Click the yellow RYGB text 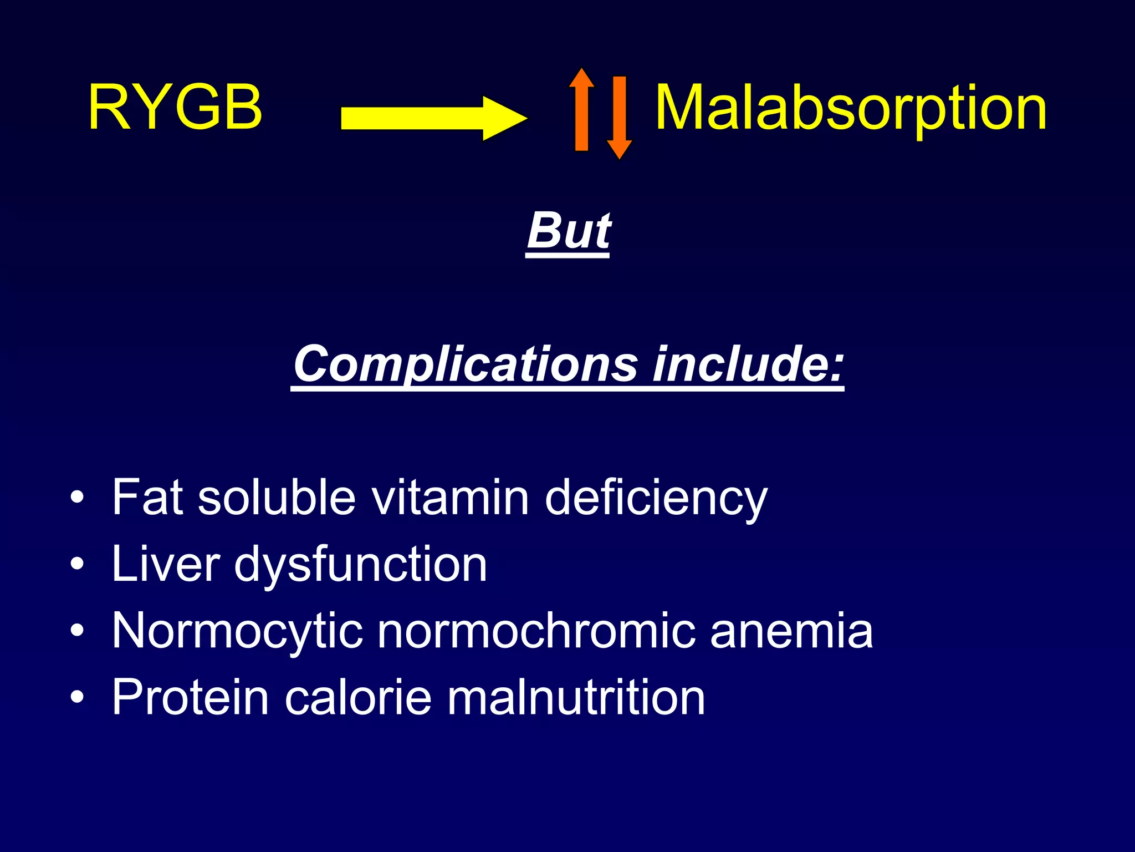[x=175, y=108]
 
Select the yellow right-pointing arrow [x=432, y=118]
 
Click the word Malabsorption [x=851, y=109]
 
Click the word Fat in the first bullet [x=147, y=497]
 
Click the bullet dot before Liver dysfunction [x=78, y=564]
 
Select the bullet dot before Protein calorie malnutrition [x=78, y=697]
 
